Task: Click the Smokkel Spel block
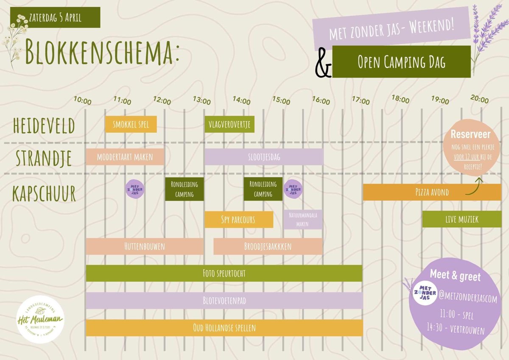pos(131,125)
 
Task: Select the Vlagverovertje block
pos(229,125)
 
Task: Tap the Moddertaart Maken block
pos(125,157)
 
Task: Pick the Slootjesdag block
pos(264,157)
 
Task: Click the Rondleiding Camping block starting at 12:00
pos(184,189)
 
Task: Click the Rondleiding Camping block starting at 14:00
pos(263,189)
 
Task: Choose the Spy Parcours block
pos(238,220)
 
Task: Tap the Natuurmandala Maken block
pos(303,219)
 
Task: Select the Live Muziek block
pos(461,219)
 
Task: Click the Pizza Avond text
pos(432,193)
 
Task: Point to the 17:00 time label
pos(361,101)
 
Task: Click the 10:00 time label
pos(82,101)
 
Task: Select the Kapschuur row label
pos(44,194)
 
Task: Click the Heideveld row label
pos(44,126)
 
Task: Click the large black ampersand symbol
pos(323,68)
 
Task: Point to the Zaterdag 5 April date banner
pos(55,18)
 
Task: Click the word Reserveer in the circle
pos(470,135)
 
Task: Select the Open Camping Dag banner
pos(401,62)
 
